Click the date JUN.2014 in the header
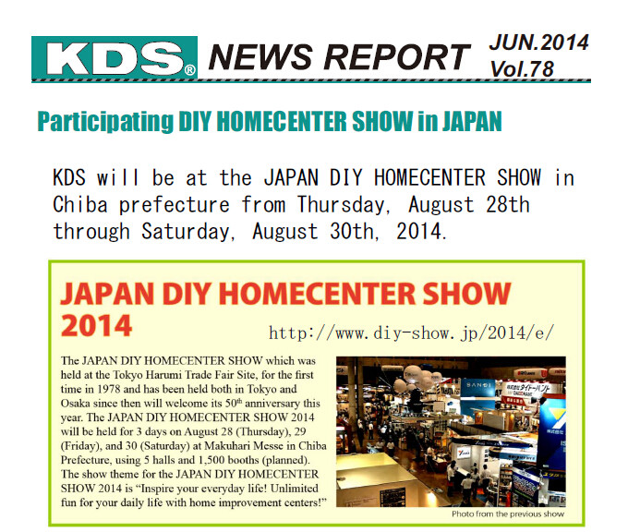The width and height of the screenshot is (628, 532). (539, 42)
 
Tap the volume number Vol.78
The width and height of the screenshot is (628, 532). (523, 69)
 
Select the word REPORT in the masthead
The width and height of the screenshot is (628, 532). (397, 57)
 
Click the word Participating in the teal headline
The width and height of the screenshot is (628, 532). (105, 122)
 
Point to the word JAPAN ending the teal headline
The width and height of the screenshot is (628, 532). (472, 121)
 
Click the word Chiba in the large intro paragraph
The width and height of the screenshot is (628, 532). (80, 204)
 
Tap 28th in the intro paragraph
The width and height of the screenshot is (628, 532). (508, 204)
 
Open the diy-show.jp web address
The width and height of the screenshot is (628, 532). (412, 332)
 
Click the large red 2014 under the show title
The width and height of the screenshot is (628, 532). (97, 325)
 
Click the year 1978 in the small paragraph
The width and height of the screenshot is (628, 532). (109, 389)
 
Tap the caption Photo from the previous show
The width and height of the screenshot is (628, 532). (508, 514)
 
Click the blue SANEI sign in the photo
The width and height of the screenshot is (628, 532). (478, 386)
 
